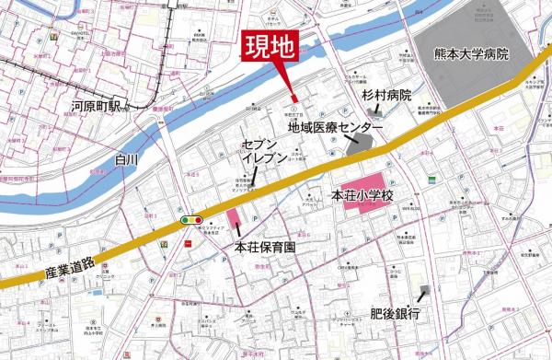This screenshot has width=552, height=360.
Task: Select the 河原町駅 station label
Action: [x=103, y=109]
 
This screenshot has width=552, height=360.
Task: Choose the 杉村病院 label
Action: [x=385, y=95]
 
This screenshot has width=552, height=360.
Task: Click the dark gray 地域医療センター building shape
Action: [x=364, y=142]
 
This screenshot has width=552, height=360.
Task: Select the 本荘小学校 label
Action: [x=362, y=196]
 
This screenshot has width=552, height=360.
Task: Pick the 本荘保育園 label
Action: [x=268, y=247]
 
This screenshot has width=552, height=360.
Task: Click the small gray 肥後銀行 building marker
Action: [x=424, y=293]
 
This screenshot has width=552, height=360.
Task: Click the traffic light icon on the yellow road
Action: [x=191, y=219]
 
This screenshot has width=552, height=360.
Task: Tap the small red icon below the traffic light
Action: [x=188, y=244]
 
